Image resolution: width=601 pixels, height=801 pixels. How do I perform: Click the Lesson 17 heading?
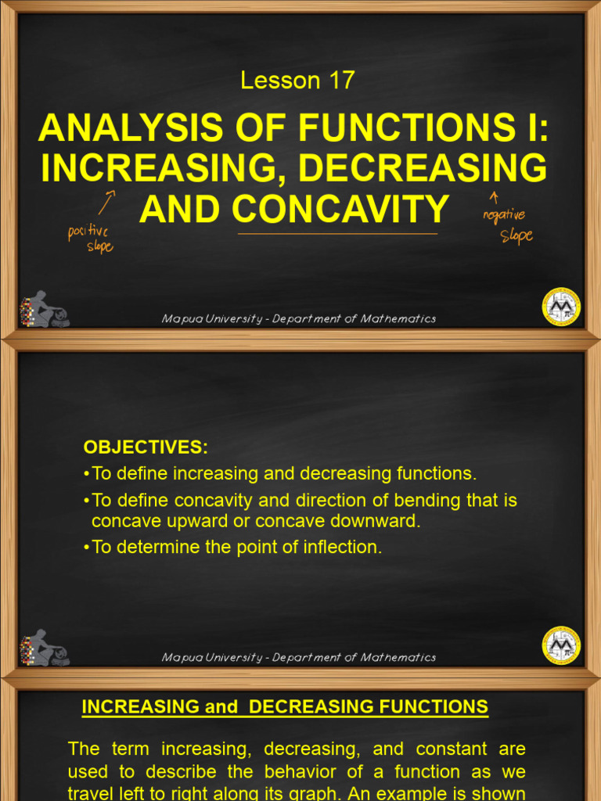coord(297,80)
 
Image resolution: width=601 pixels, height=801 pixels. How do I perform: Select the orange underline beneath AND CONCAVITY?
coord(337,233)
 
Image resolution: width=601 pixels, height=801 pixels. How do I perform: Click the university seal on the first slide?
coord(561,306)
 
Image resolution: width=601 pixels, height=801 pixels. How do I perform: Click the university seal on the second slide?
coord(561,645)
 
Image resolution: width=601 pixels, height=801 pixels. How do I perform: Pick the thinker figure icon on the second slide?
coord(44,648)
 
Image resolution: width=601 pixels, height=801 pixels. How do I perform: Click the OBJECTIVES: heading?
coord(146,447)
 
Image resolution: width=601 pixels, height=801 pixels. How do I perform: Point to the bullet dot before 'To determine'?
coord(85,548)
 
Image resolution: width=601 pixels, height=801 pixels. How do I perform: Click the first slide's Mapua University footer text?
coord(298,318)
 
